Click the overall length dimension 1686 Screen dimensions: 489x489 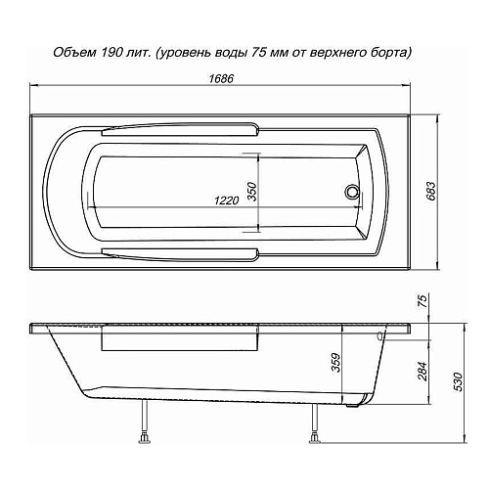click(x=223, y=79)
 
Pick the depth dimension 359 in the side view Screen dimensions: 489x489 click(x=335, y=367)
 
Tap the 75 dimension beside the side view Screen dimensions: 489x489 click(x=422, y=304)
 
